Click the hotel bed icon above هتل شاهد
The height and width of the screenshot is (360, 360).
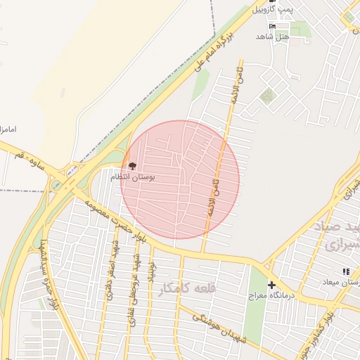coord(273,26)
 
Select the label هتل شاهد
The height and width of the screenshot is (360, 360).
coord(273,36)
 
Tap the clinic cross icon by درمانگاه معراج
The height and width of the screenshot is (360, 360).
coord(272,285)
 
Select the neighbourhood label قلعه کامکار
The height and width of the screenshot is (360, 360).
coord(184,288)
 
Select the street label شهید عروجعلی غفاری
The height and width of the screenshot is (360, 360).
coord(132,285)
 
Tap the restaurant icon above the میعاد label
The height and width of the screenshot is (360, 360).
coord(345,271)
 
